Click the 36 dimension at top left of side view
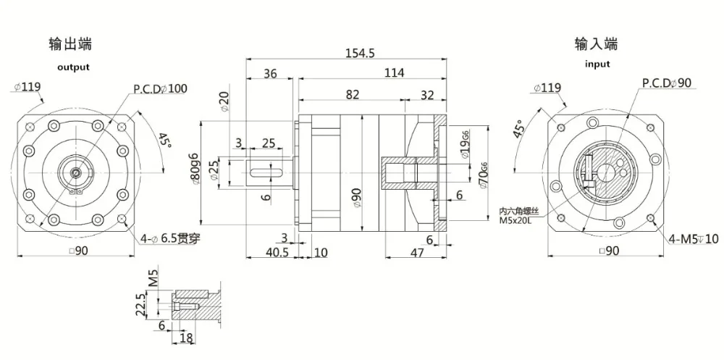[x=269, y=72]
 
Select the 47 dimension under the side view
[x=416, y=252]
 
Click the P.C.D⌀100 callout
[x=159, y=89]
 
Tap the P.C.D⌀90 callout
[x=666, y=84]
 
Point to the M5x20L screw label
[x=515, y=220]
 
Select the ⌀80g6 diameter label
[x=194, y=172]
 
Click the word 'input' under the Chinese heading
[x=597, y=64]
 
